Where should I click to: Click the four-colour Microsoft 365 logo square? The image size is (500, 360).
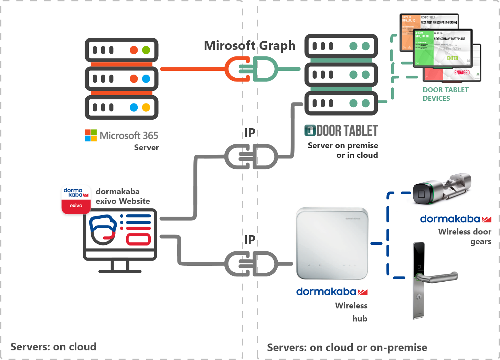click(91, 135)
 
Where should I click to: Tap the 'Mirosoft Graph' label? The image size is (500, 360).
click(249, 45)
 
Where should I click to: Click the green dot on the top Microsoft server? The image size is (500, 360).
click(146, 50)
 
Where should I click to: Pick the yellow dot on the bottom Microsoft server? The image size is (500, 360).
click(146, 108)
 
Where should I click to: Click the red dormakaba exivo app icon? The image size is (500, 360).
click(76, 199)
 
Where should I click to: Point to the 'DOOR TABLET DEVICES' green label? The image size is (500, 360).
click(445, 94)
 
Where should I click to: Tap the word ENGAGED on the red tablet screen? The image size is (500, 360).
click(462, 73)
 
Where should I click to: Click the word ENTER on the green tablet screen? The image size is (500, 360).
click(453, 58)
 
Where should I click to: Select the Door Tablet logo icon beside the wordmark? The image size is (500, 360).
click(310, 130)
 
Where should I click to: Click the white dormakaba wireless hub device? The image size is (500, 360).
click(332, 243)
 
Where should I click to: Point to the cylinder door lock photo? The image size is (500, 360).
click(443, 186)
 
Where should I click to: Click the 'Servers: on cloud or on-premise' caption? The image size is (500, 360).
click(347, 348)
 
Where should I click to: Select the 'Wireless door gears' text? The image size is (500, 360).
click(465, 237)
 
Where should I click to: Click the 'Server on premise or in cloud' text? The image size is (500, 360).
click(343, 150)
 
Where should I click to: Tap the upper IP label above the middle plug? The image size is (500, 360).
click(250, 133)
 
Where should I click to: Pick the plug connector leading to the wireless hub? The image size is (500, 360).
click(251, 264)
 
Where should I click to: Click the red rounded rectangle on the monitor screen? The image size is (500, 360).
click(138, 239)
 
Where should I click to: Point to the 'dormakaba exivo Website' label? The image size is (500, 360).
click(123, 196)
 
